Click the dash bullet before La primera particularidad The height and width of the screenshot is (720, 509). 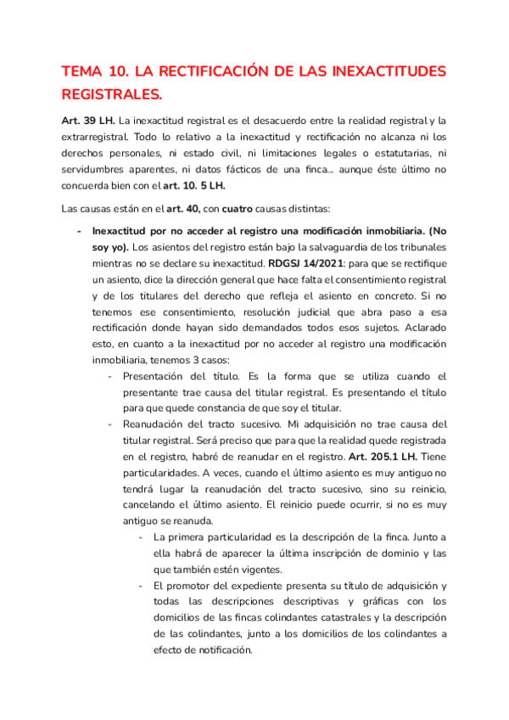140,537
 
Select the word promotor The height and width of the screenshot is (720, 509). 199,587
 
